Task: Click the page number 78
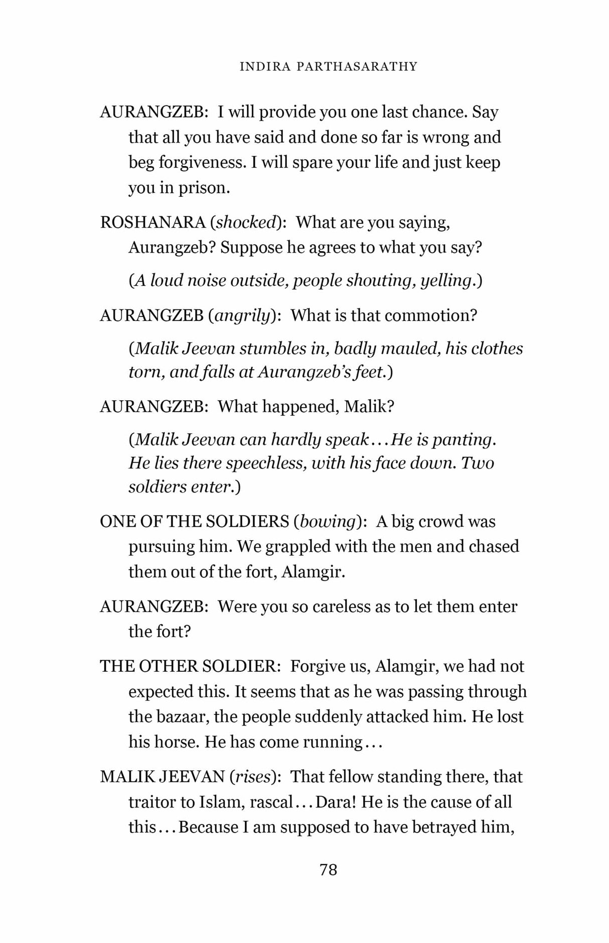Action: pos(328,869)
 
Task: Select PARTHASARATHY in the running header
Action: pos(357,67)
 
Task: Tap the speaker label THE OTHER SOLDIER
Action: pos(188,666)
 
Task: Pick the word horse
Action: pos(177,742)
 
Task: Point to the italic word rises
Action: pos(253,777)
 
